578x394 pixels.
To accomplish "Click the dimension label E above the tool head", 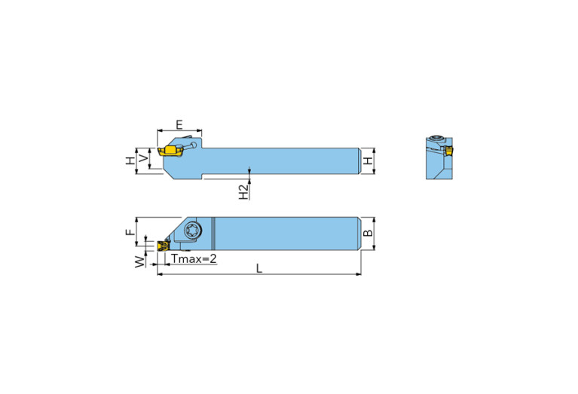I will click(179, 124).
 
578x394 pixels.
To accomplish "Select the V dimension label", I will click(143, 159).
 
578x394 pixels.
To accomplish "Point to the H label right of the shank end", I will click(368, 161).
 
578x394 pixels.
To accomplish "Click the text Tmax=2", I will click(194, 258).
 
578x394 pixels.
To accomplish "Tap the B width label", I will click(368, 234).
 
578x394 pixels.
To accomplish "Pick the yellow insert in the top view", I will click(162, 245).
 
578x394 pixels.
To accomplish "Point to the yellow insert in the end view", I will click(448, 151).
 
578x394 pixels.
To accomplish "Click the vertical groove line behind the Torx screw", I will click(213, 233).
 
